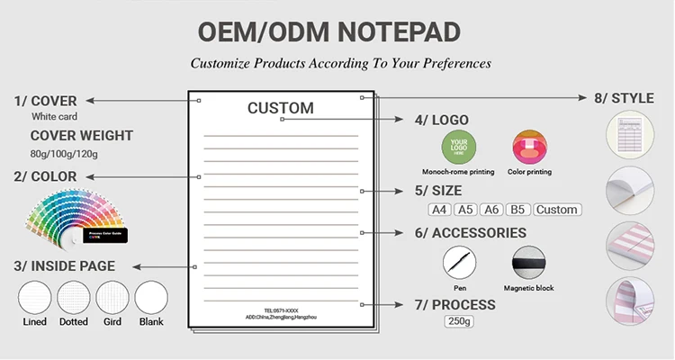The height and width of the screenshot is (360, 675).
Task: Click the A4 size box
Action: (x=439, y=210)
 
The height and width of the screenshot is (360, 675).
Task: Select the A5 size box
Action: (x=465, y=210)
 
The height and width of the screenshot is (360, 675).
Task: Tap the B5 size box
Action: (x=517, y=210)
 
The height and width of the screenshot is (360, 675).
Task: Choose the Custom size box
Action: (x=557, y=210)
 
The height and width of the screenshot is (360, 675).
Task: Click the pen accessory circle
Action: (x=459, y=263)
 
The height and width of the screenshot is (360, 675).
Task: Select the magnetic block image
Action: (x=529, y=264)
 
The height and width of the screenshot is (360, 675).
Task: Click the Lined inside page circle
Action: (x=35, y=298)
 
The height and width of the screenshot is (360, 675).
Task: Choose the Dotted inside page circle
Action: (x=74, y=298)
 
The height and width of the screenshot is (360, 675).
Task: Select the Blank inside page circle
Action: (x=150, y=298)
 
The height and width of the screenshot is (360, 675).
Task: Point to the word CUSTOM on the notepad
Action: (x=281, y=109)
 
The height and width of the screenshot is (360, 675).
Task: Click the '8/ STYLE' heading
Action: (x=624, y=98)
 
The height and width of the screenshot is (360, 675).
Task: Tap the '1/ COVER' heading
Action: (x=45, y=101)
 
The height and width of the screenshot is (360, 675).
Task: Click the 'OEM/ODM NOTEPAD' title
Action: (x=329, y=32)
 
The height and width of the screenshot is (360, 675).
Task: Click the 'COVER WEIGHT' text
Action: (x=82, y=136)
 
